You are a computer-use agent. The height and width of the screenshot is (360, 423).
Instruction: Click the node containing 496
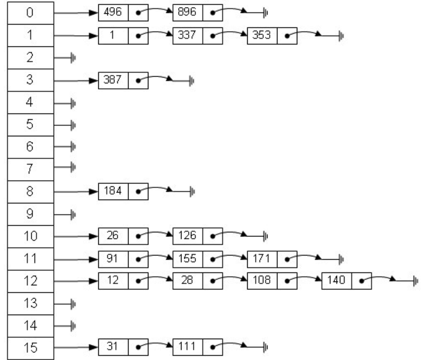(123, 13)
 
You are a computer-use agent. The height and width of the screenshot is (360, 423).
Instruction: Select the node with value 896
(198, 13)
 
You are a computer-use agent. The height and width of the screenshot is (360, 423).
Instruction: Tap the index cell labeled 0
(30, 13)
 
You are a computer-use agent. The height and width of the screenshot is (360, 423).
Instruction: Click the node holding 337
(198, 35)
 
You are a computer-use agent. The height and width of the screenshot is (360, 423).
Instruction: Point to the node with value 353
(272, 35)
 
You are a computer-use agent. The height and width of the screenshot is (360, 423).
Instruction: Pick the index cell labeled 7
(30, 168)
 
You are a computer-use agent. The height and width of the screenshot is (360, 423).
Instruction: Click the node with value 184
(123, 191)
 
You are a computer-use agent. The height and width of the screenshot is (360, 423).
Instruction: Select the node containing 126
(198, 235)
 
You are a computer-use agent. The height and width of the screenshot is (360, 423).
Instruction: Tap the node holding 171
(272, 258)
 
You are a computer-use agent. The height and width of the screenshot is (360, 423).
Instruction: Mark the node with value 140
(346, 280)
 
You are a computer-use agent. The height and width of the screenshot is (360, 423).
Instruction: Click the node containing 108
(272, 280)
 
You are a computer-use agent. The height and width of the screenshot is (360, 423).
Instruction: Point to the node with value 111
(198, 347)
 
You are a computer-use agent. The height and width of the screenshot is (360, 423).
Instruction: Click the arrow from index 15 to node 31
(76, 347)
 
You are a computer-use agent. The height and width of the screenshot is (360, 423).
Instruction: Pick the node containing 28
(198, 280)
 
